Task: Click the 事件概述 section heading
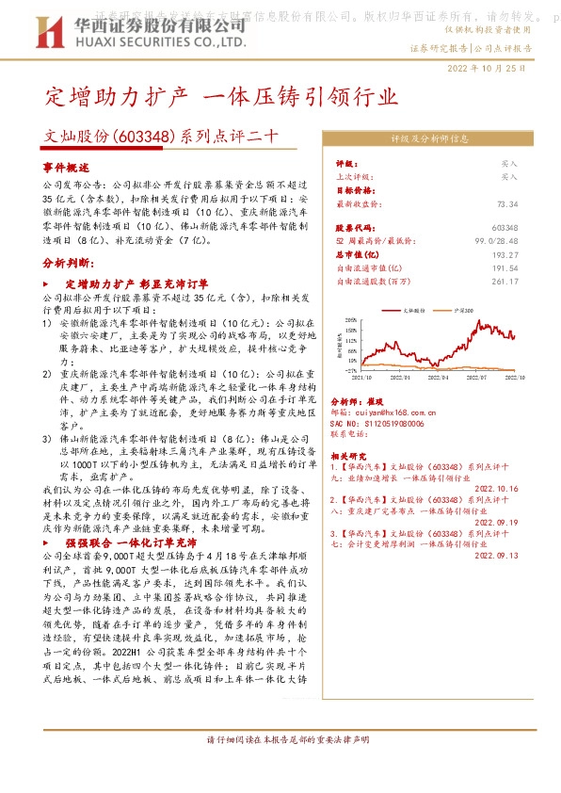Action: click(65, 166)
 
